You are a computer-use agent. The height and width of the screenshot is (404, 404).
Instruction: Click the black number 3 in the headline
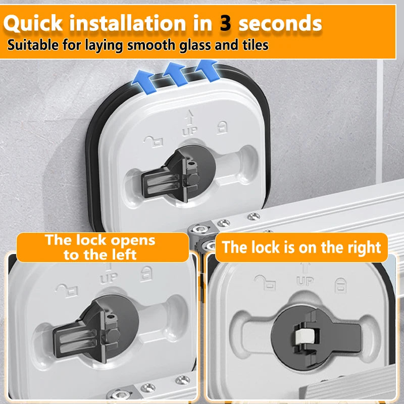point(225,23)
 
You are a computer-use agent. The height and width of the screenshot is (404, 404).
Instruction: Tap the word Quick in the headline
point(33,24)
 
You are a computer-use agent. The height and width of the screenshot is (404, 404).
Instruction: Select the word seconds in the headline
point(280,23)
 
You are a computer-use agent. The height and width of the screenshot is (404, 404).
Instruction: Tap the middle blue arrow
point(175,74)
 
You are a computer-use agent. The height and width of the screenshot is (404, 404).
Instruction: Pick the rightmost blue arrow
point(207,70)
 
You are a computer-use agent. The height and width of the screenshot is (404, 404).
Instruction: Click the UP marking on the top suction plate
point(190,131)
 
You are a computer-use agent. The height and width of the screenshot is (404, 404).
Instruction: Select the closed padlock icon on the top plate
point(222,127)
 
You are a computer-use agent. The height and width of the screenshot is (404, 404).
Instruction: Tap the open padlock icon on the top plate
point(154,141)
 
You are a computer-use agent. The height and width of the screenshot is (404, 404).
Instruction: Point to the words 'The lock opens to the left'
point(100,247)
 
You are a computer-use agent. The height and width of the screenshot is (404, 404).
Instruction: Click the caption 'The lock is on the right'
point(301,247)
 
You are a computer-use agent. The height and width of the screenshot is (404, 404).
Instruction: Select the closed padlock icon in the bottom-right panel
point(340,285)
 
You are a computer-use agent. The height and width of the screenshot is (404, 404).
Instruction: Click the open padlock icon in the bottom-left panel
point(67,291)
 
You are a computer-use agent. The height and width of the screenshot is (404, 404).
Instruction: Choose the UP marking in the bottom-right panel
point(305,281)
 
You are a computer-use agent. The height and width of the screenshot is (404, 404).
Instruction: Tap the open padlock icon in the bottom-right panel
point(265,282)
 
